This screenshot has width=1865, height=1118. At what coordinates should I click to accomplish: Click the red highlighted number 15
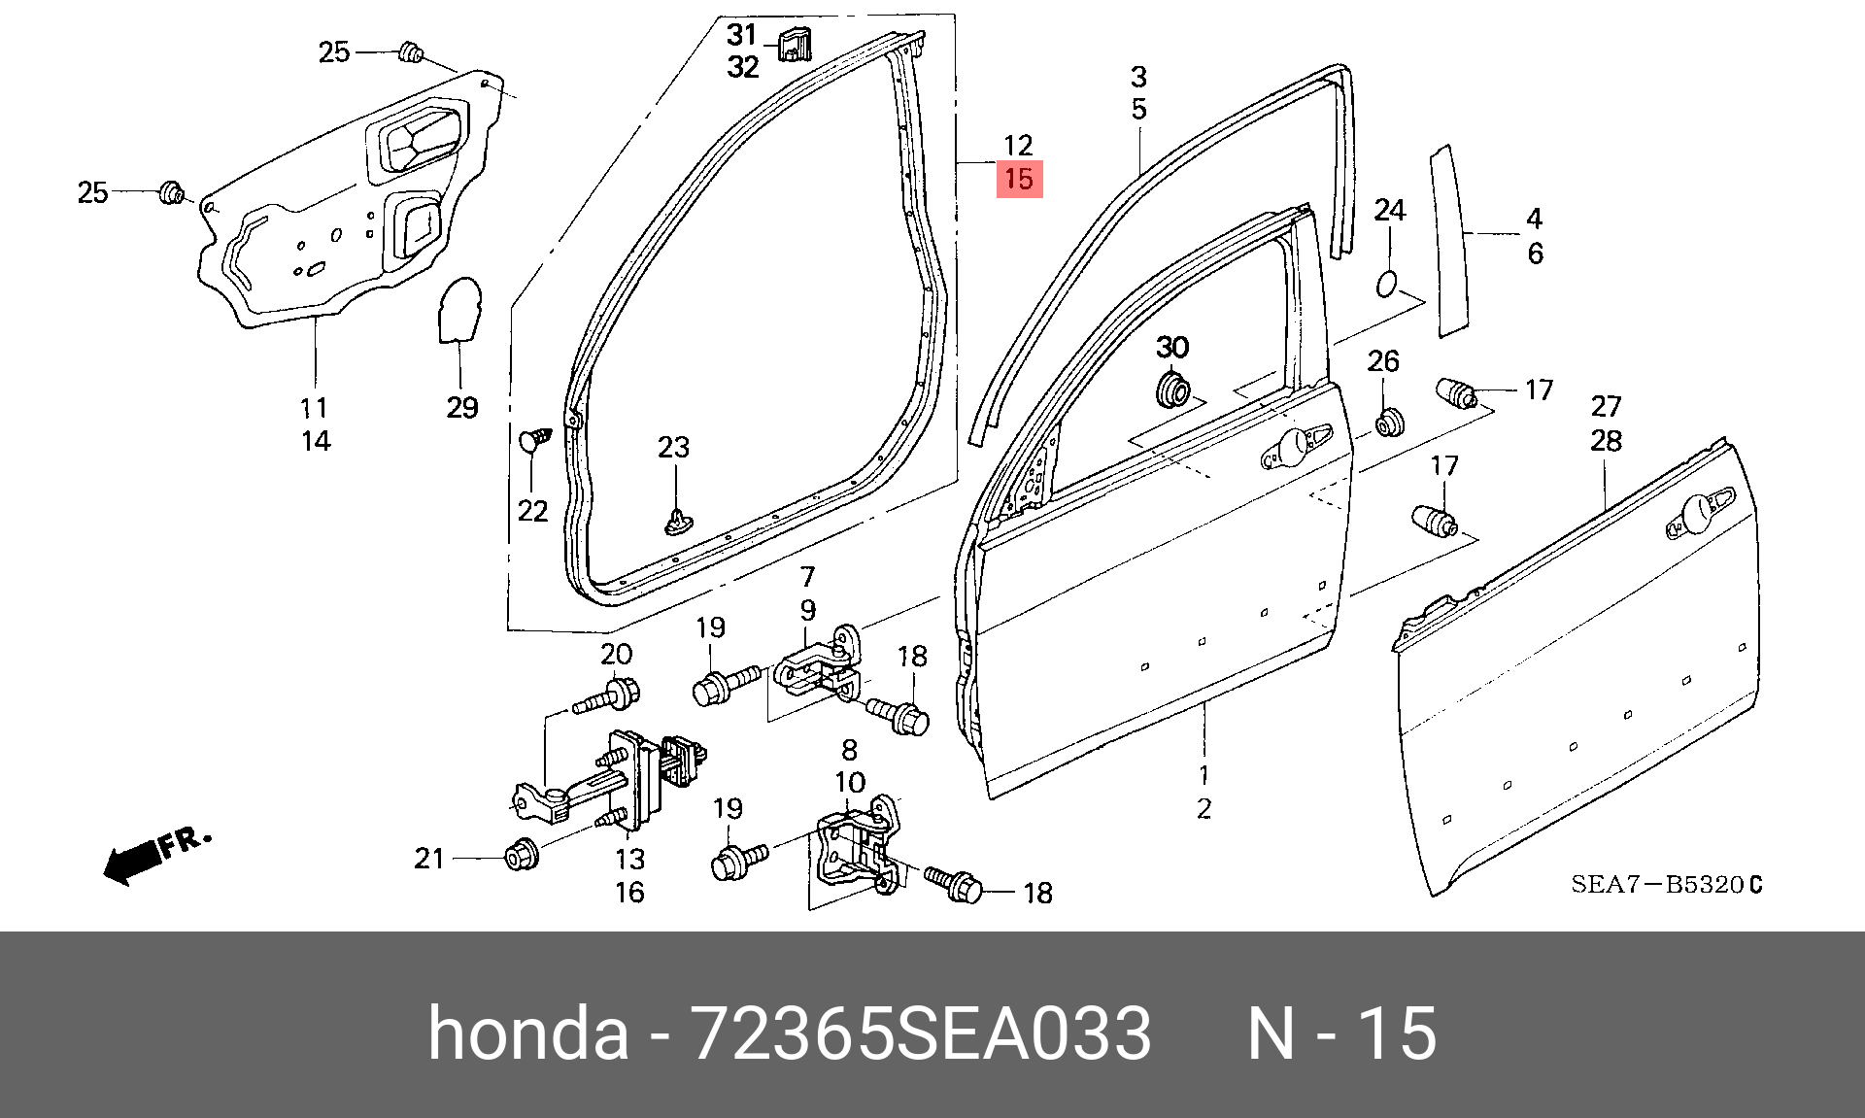point(1019,180)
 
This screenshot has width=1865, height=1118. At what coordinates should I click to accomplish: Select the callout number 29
point(462,407)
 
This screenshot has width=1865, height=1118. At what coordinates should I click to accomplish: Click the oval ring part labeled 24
point(1388,283)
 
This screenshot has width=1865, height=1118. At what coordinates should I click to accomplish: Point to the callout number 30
point(1172,347)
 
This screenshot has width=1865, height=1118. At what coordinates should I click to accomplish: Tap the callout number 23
point(673,447)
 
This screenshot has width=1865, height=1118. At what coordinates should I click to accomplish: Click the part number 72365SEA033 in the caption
point(919,1033)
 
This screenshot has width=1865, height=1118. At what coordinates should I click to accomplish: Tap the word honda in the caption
point(528,1033)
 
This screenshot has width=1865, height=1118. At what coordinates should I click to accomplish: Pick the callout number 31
point(742,35)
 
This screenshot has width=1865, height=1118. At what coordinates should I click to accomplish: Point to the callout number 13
point(629,859)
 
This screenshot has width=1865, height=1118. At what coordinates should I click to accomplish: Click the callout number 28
point(1606,441)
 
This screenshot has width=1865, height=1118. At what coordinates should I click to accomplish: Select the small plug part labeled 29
point(458,310)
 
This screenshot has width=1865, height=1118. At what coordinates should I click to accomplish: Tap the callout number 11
point(314,407)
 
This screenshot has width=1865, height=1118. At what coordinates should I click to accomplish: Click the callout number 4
point(1535,219)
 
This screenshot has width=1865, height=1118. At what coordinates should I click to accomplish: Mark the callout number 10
point(849,782)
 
